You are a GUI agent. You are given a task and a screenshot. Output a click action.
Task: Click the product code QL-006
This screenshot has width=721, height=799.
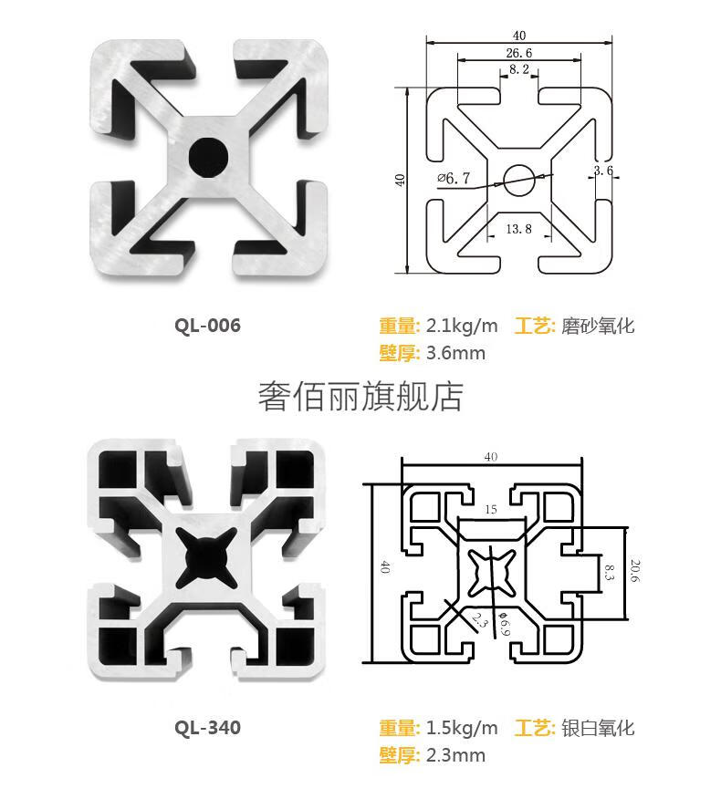(208, 326)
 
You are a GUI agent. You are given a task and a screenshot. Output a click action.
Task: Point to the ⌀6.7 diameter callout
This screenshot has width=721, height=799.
(454, 179)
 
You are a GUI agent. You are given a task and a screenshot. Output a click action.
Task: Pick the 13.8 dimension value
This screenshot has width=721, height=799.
(517, 228)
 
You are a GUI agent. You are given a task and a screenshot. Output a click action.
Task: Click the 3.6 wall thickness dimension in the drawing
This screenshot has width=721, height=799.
(602, 171)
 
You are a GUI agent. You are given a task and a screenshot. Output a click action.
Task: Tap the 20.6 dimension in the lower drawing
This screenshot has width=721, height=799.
(637, 571)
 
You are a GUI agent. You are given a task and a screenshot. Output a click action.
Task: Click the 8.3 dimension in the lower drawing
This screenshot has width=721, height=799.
(609, 572)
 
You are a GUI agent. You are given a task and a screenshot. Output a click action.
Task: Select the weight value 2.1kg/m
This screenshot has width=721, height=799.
(463, 326)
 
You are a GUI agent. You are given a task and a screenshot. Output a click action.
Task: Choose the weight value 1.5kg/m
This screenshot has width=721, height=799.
(463, 728)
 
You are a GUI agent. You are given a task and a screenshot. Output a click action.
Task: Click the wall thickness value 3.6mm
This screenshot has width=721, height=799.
(456, 353)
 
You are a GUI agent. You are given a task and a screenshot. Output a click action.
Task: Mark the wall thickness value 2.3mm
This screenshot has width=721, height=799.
(456, 755)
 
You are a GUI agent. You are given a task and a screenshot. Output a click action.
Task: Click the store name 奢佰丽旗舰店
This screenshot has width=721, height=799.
(360, 396)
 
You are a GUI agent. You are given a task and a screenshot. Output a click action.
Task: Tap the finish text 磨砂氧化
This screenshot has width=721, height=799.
(597, 326)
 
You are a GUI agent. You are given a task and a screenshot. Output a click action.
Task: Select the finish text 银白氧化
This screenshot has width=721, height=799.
(597, 728)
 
